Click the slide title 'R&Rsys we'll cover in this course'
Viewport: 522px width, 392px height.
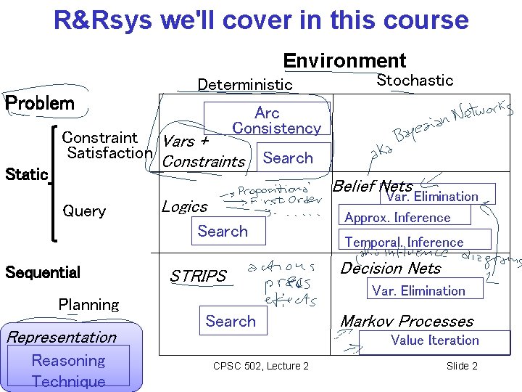click(x=261, y=20)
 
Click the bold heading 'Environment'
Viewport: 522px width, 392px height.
click(x=344, y=60)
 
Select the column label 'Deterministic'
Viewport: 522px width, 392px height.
click(x=245, y=85)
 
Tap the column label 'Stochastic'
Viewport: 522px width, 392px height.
click(x=415, y=81)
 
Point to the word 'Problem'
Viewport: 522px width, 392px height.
click(x=40, y=103)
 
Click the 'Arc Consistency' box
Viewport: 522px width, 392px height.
click(x=267, y=120)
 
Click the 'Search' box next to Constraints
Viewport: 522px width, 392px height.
click(x=288, y=158)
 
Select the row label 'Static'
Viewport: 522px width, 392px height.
click(x=26, y=174)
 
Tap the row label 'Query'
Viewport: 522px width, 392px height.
click(x=84, y=211)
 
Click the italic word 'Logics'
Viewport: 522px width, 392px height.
click(x=184, y=207)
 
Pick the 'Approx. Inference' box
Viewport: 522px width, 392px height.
click(x=397, y=218)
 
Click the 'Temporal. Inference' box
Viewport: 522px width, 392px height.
click(x=404, y=242)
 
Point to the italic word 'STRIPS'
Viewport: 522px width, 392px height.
click(x=198, y=277)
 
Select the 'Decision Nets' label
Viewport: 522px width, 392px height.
click(x=391, y=269)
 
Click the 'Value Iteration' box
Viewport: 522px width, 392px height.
click(x=434, y=340)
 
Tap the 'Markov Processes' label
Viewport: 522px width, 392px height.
click(x=407, y=321)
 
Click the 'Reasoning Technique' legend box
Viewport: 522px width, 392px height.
click(x=69, y=369)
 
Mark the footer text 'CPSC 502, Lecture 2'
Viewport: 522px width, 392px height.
click(x=261, y=366)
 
